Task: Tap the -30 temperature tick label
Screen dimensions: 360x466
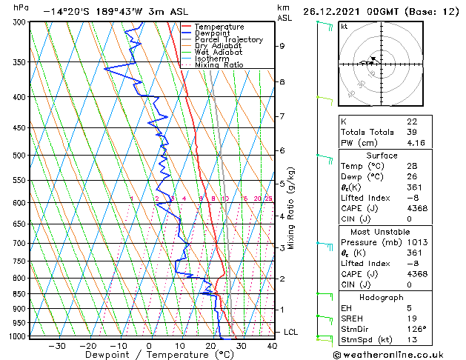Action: point(56,346)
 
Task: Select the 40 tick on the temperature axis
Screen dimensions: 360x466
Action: point(272,346)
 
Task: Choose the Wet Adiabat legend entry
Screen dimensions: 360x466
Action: point(218,52)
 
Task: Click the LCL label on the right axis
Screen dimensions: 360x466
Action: point(290,333)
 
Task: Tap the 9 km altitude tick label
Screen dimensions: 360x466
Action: point(282,46)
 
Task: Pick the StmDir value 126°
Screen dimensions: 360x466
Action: point(416,329)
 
